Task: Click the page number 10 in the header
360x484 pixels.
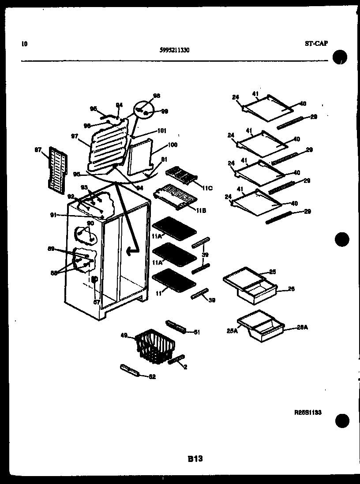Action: click(24, 44)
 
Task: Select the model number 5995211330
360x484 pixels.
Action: click(175, 50)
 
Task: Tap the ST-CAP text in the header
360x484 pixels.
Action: click(316, 43)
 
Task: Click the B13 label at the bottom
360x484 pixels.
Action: click(195, 458)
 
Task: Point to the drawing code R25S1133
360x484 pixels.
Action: click(308, 413)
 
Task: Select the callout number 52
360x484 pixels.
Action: click(152, 377)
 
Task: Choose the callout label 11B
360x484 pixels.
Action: click(201, 211)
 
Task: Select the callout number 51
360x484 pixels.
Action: click(197, 332)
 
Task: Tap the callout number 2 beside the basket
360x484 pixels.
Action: click(185, 367)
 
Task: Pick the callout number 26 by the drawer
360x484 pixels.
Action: click(291, 289)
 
